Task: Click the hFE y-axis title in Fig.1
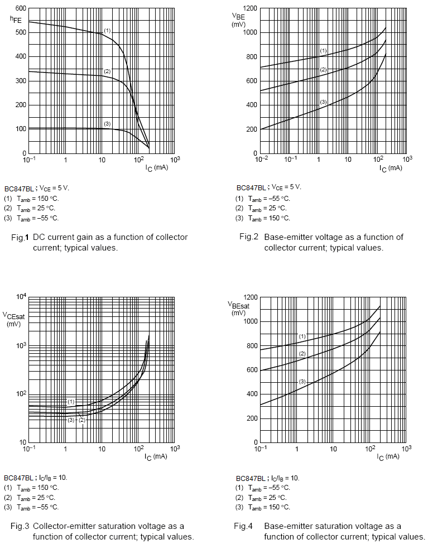16,20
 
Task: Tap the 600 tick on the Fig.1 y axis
20,8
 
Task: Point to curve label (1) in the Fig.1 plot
108,30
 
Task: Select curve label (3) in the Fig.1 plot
107,123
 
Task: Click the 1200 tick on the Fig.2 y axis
249,8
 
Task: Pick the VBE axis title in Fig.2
239,20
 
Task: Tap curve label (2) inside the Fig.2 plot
323,69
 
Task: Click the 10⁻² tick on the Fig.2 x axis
261,160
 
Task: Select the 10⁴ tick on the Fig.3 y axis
21,296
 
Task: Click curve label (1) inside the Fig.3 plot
71,402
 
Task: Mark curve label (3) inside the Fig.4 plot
302,382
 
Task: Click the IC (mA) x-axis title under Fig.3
156,456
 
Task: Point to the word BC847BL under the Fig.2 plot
249,187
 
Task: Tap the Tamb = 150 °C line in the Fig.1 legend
37,198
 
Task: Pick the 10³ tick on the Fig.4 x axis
406,449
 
